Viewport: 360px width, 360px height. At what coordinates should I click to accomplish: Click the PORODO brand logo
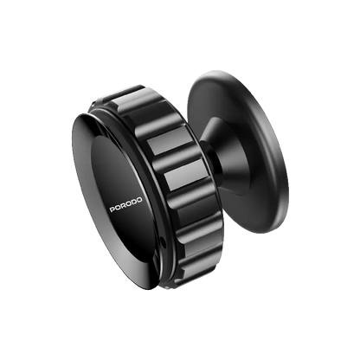125,204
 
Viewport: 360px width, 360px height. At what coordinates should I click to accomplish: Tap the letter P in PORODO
112,209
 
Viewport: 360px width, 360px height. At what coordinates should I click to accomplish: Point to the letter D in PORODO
134,202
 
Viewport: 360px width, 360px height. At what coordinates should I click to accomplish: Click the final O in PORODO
139,200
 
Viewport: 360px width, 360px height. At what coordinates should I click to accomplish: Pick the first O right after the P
118,208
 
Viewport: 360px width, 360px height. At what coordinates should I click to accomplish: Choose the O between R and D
129,204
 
